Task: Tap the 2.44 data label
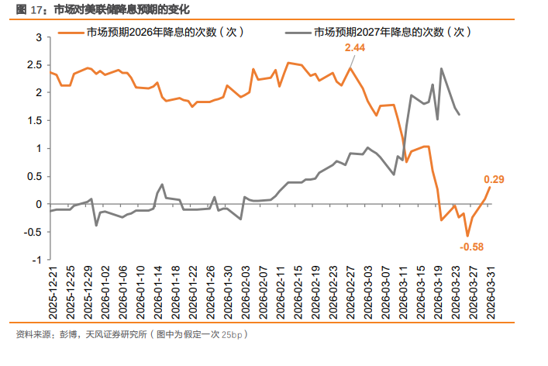tap(355, 48)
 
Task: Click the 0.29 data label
tap(494, 180)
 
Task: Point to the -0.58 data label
tap(471, 247)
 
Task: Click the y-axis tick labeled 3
tap(38, 37)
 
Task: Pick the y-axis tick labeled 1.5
tap(35, 120)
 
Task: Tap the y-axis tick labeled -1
tap(36, 260)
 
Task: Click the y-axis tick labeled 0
tap(38, 204)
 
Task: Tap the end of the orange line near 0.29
tap(489, 187)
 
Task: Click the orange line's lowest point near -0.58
tap(467, 236)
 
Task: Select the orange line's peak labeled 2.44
tap(350, 68)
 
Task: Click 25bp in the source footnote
tap(232, 335)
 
